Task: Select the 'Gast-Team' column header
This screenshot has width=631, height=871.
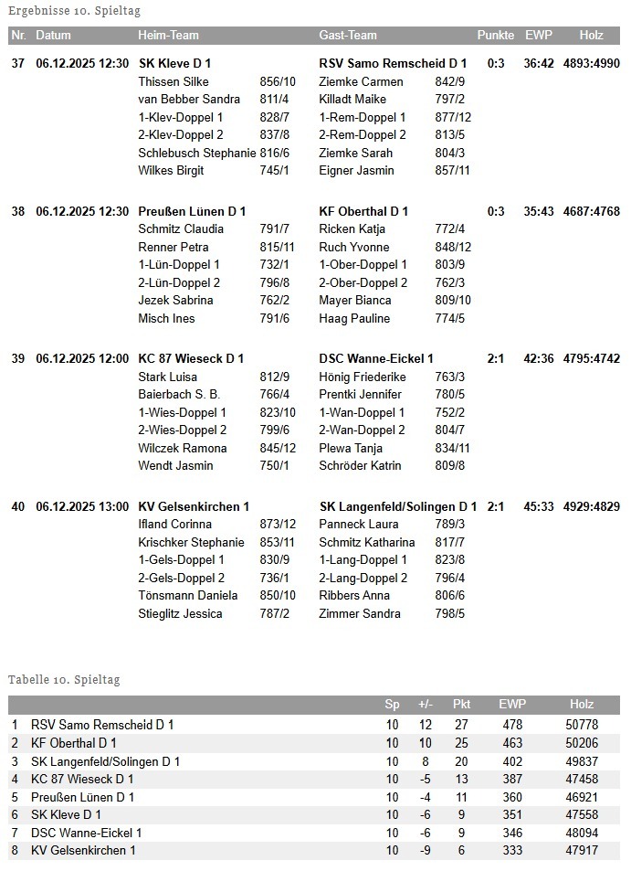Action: click(x=347, y=36)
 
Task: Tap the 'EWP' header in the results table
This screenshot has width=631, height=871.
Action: click(x=538, y=36)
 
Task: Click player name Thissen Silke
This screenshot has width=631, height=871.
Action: click(x=174, y=81)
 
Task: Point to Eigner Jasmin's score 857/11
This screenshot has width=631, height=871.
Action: click(x=453, y=170)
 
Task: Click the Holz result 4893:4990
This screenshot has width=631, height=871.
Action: click(x=591, y=64)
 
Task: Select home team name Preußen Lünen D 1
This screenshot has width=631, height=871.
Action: click(x=192, y=211)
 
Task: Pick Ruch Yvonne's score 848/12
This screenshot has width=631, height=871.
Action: click(x=453, y=247)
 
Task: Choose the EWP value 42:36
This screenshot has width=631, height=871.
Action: click(x=539, y=358)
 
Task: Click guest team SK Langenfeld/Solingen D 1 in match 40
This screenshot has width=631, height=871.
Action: click(x=398, y=506)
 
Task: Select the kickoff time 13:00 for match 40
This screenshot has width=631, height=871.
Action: click(x=113, y=506)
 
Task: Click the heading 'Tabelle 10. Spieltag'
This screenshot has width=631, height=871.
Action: click(x=64, y=680)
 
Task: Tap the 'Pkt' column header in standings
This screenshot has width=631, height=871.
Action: click(x=461, y=705)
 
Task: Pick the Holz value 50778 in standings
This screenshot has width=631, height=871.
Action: click(x=581, y=725)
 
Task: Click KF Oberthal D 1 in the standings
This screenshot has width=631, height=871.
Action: click(x=73, y=743)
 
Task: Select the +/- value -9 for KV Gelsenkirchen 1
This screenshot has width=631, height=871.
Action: click(x=425, y=850)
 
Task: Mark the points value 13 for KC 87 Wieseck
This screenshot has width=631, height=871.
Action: click(x=461, y=779)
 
